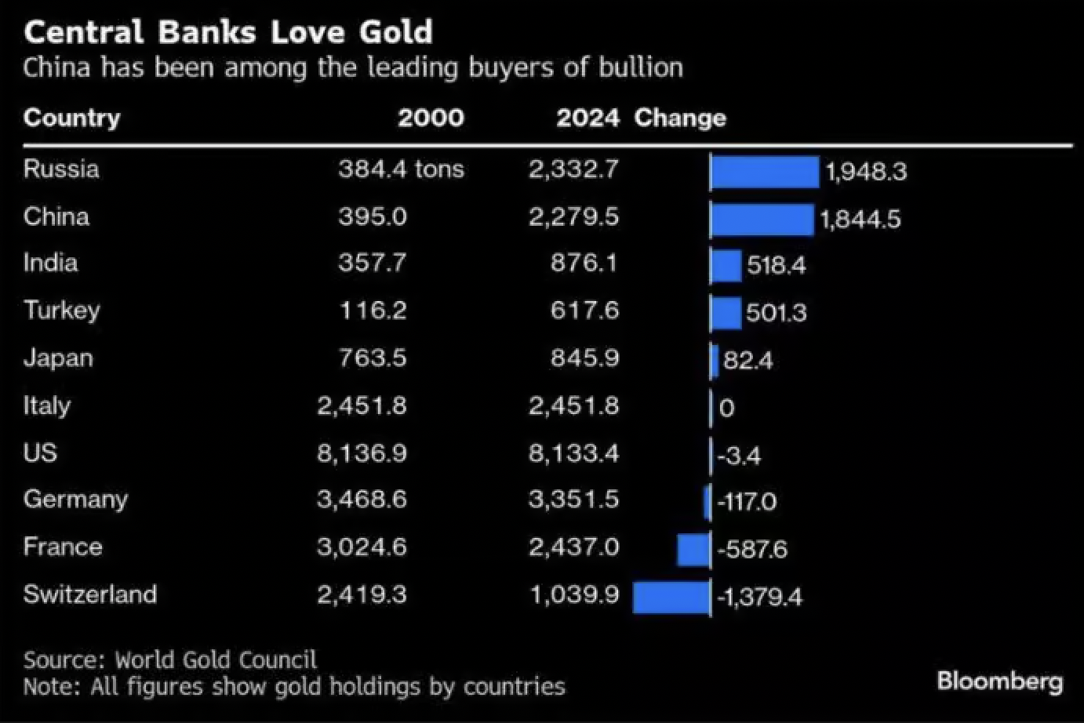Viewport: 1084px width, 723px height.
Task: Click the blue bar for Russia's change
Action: tap(765, 172)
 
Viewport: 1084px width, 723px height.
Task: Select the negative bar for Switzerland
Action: tap(671, 597)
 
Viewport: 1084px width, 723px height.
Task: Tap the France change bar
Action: tap(693, 549)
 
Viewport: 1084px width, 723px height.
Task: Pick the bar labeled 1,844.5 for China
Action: tap(762, 219)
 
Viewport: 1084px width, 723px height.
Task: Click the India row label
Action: tap(50, 262)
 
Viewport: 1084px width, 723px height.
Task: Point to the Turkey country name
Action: tap(61, 311)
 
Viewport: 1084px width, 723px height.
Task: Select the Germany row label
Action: tap(75, 500)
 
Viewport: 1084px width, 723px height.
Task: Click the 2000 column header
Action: tap(431, 118)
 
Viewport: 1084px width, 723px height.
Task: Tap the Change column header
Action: tap(679, 118)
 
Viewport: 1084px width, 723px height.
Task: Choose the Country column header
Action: tap(71, 118)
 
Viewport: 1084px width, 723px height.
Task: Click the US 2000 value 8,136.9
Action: tap(362, 453)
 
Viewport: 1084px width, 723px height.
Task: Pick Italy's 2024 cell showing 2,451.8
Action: tap(573, 406)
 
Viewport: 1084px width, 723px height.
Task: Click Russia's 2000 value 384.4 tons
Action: tap(401, 169)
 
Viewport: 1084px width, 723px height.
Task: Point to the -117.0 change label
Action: tap(746, 502)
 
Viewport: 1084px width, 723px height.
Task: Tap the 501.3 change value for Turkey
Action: tap(776, 313)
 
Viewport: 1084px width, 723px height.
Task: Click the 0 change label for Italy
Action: tap(726, 408)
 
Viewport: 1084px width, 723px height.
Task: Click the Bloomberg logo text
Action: tap(999, 681)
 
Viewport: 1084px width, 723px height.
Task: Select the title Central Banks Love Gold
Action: tap(227, 32)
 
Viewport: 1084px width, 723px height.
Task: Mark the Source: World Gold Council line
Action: tap(170, 659)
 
